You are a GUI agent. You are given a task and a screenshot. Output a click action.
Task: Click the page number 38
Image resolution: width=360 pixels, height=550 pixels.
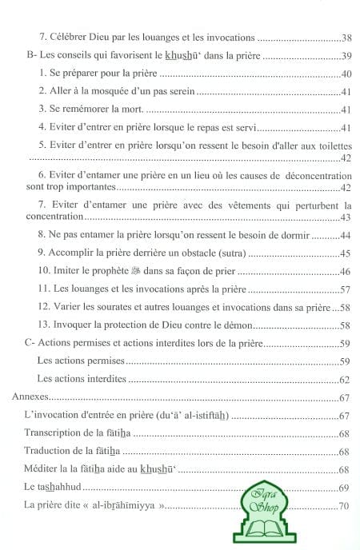tap(346, 38)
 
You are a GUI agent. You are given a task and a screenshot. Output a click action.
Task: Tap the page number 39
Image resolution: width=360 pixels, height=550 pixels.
tap(346, 58)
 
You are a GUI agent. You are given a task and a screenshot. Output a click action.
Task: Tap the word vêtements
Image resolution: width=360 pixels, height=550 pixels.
tap(240, 205)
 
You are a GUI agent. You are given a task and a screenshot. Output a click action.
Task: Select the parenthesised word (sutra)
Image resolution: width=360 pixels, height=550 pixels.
tap(230, 254)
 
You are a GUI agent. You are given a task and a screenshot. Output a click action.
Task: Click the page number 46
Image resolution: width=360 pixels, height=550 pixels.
tap(346, 273)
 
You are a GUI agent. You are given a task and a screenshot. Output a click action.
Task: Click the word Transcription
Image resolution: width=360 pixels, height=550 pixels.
tap(57, 433)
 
